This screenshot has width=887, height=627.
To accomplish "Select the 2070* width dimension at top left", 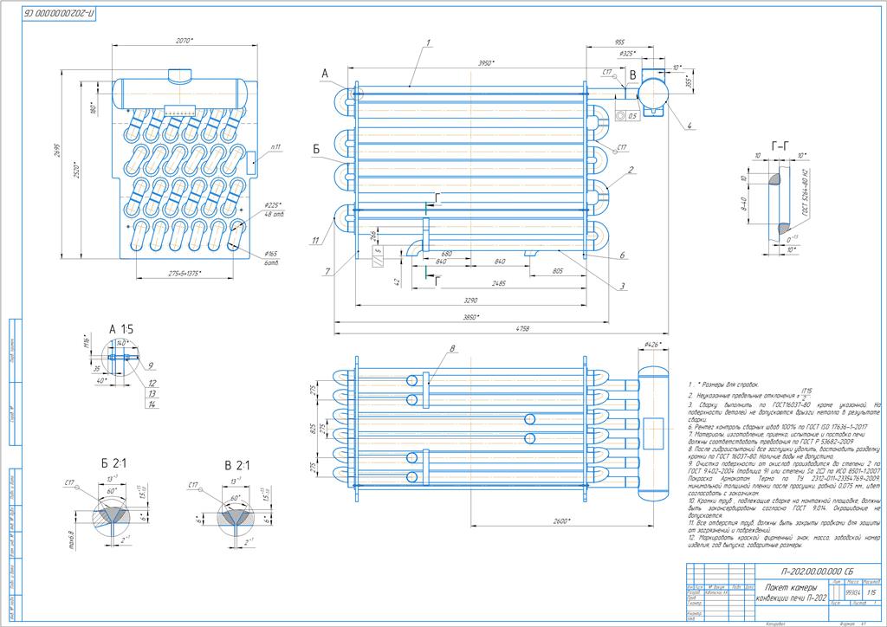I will click(x=185, y=41).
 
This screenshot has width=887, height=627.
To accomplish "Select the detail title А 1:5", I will click(x=121, y=330).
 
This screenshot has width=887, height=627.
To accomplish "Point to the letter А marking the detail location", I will click(x=325, y=75).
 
